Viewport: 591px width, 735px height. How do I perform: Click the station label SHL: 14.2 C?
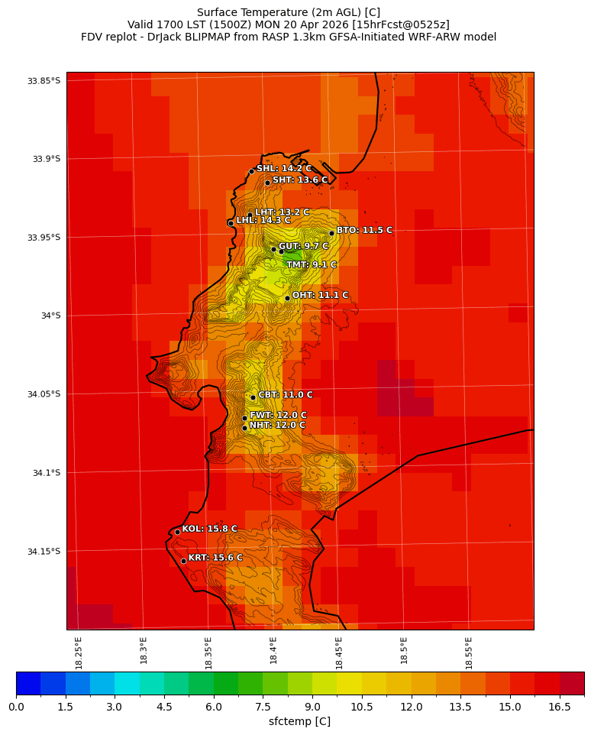pyautogui.click(x=283, y=169)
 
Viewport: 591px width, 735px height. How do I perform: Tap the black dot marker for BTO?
pyautogui.click(x=331, y=233)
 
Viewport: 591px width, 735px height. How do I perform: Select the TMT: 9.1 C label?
pyautogui.click(x=311, y=265)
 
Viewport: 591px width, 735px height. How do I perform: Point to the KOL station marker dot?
pyautogui.click(x=177, y=532)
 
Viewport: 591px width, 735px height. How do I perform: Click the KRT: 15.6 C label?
pyautogui.click(x=215, y=558)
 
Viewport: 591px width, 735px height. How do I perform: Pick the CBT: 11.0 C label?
pyautogui.click(x=285, y=395)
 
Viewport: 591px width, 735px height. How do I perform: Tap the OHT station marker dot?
pyautogui.click(x=287, y=298)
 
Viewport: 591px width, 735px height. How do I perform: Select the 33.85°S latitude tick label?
pyautogui.click(x=44, y=81)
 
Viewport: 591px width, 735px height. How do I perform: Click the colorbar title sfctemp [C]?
pyautogui.click(x=299, y=721)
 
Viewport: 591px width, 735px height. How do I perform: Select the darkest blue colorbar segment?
pyautogui.click(x=28, y=683)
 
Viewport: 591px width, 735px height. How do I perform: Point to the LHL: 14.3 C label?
pyautogui.click(x=263, y=221)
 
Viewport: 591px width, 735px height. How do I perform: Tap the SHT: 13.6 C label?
pyautogui.click(x=300, y=180)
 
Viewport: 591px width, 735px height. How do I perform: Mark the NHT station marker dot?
pyautogui.click(x=244, y=428)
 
